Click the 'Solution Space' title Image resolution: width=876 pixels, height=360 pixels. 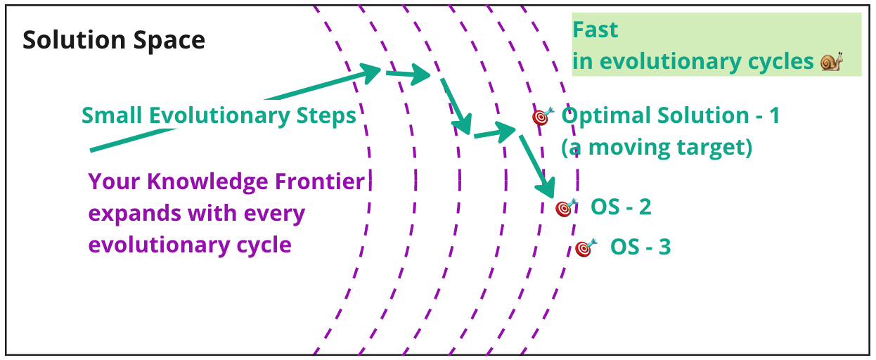(x=114, y=40)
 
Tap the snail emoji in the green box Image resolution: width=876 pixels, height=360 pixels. (x=831, y=62)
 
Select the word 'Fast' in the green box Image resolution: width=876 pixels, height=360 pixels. (x=595, y=30)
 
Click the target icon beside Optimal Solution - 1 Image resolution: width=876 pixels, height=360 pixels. (x=541, y=116)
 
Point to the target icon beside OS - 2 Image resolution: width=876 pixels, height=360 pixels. (x=565, y=208)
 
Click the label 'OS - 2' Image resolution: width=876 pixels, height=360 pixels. (x=621, y=207)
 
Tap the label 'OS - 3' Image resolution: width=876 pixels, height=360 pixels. (x=640, y=247)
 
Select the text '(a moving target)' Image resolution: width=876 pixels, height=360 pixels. (x=657, y=148)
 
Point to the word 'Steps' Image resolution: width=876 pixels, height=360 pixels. (x=324, y=115)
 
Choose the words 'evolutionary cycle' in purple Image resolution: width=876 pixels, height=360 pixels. (x=190, y=245)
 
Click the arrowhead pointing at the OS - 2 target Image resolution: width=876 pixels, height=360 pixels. (x=546, y=191)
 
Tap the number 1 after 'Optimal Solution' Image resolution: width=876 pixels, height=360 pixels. (x=774, y=116)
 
